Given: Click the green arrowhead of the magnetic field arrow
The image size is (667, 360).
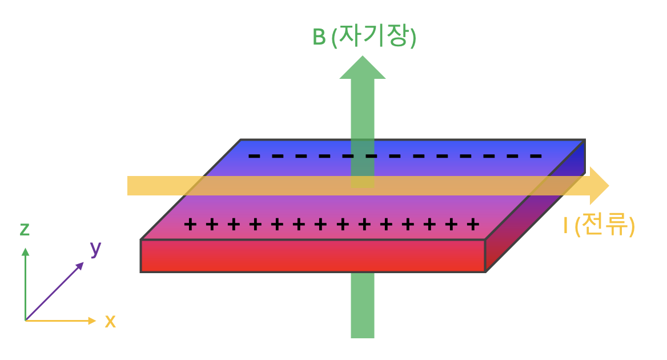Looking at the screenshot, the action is pyautogui.click(x=363, y=69).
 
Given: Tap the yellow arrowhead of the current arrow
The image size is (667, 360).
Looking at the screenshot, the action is pyautogui.click(x=598, y=186).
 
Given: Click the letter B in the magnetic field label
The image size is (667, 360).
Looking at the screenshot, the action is pyautogui.click(x=319, y=38).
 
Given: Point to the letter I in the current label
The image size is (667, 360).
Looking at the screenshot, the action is pyautogui.click(x=565, y=227).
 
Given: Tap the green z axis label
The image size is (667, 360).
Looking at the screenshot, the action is pyautogui.click(x=25, y=230).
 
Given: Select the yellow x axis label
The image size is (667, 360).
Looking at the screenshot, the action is pyautogui.click(x=110, y=322).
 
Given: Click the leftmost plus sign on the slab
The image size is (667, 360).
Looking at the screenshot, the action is pyautogui.click(x=190, y=224).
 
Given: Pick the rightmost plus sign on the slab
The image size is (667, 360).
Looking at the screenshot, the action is pyautogui.click(x=472, y=224).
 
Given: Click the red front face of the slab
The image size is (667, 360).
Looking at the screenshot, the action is pyautogui.click(x=312, y=256).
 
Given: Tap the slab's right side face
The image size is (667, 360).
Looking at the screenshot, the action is pyautogui.click(x=534, y=211).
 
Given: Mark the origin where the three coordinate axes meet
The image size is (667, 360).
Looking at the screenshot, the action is pyautogui.click(x=25, y=321).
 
